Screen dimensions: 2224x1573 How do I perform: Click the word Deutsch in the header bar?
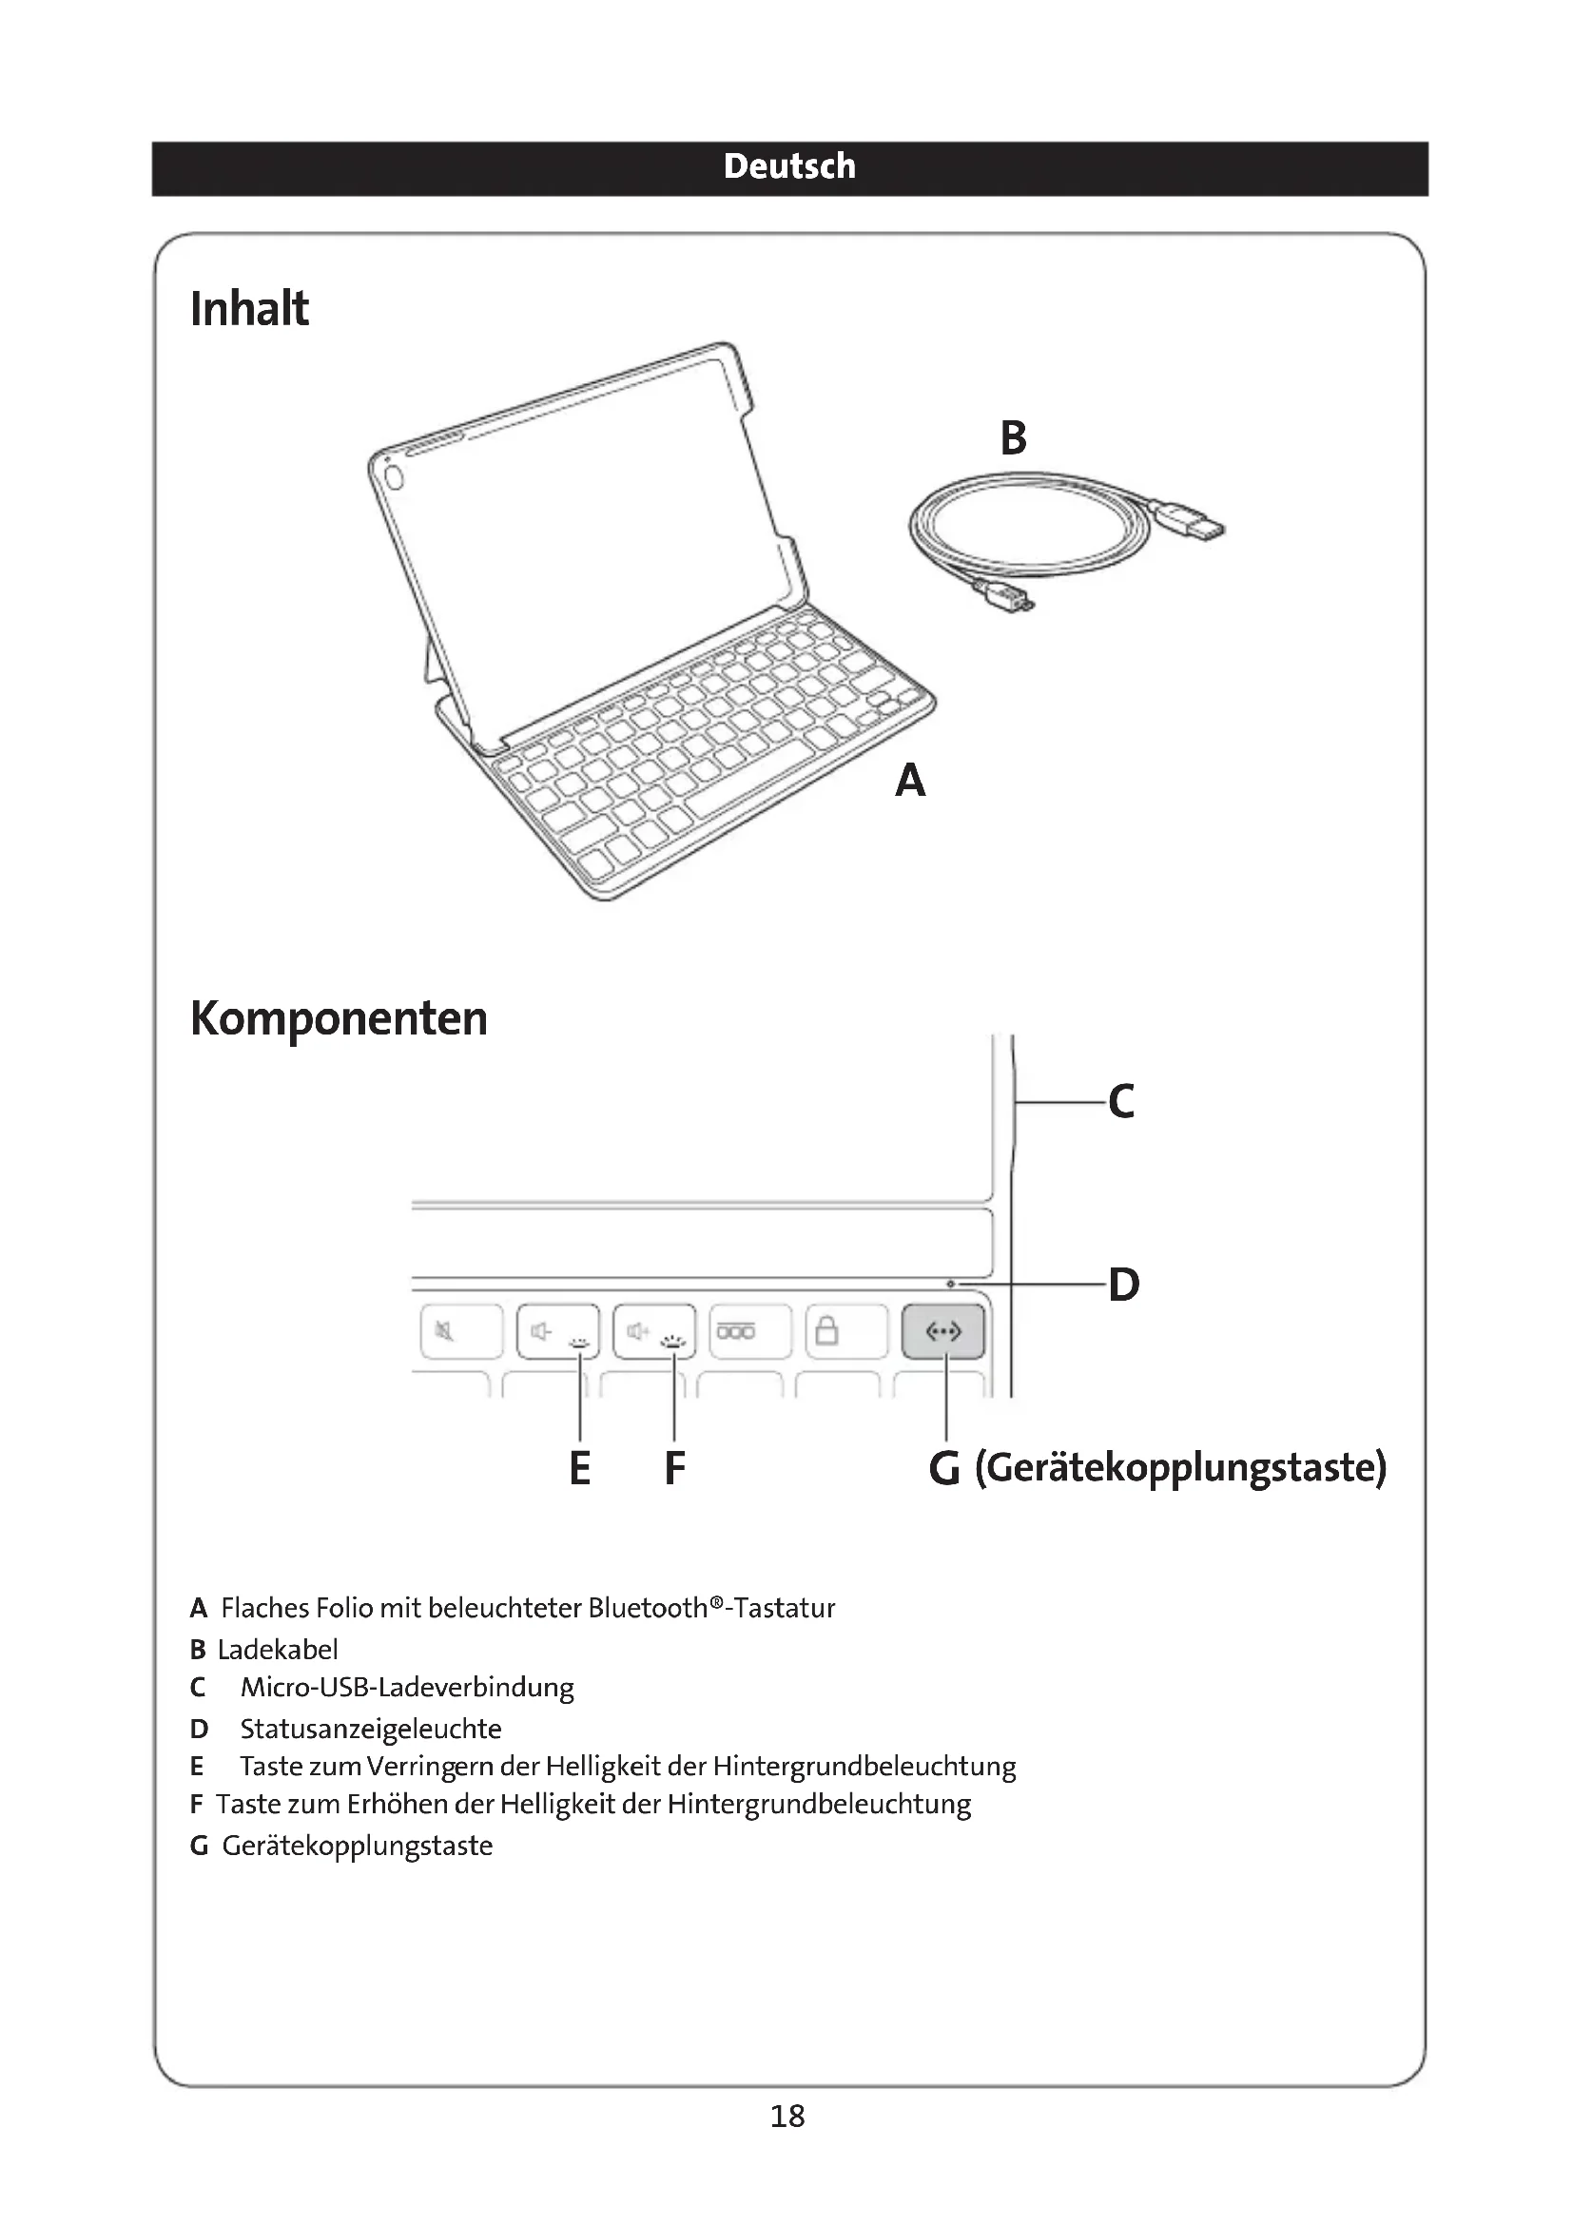pyautogui.click(x=788, y=166)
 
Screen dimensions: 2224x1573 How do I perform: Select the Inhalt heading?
pyautogui.click(x=249, y=309)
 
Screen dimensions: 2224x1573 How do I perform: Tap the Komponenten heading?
pyautogui.click(x=338, y=1018)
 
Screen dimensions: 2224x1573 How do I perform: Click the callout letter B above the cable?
pyautogui.click(x=1013, y=437)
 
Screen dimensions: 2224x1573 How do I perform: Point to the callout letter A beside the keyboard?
pyautogui.click(x=909, y=781)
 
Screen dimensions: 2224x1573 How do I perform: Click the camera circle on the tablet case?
pyautogui.click(x=394, y=475)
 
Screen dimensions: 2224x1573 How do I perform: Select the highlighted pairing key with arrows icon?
pyautogui.click(x=943, y=1332)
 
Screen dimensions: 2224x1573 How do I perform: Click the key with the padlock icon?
pyautogui.click(x=845, y=1332)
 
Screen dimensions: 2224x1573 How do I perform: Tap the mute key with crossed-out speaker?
pyautogui.click(x=461, y=1332)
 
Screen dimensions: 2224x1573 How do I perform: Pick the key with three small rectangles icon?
pyautogui.click(x=749, y=1332)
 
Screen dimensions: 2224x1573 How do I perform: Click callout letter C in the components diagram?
pyautogui.click(x=1120, y=1101)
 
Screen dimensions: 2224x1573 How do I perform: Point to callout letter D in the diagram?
pyautogui.click(x=1123, y=1286)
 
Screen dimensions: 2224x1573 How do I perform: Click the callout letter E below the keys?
pyautogui.click(x=579, y=1468)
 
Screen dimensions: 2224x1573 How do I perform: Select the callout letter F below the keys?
pyautogui.click(x=674, y=1468)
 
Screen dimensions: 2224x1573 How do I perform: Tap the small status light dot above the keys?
pyautogui.click(x=950, y=1285)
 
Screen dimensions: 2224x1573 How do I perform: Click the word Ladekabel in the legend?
pyautogui.click(x=278, y=1649)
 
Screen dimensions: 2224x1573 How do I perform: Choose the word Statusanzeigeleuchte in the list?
pyautogui.click(x=370, y=1728)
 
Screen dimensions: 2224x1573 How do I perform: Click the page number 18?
pyautogui.click(x=787, y=2116)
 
